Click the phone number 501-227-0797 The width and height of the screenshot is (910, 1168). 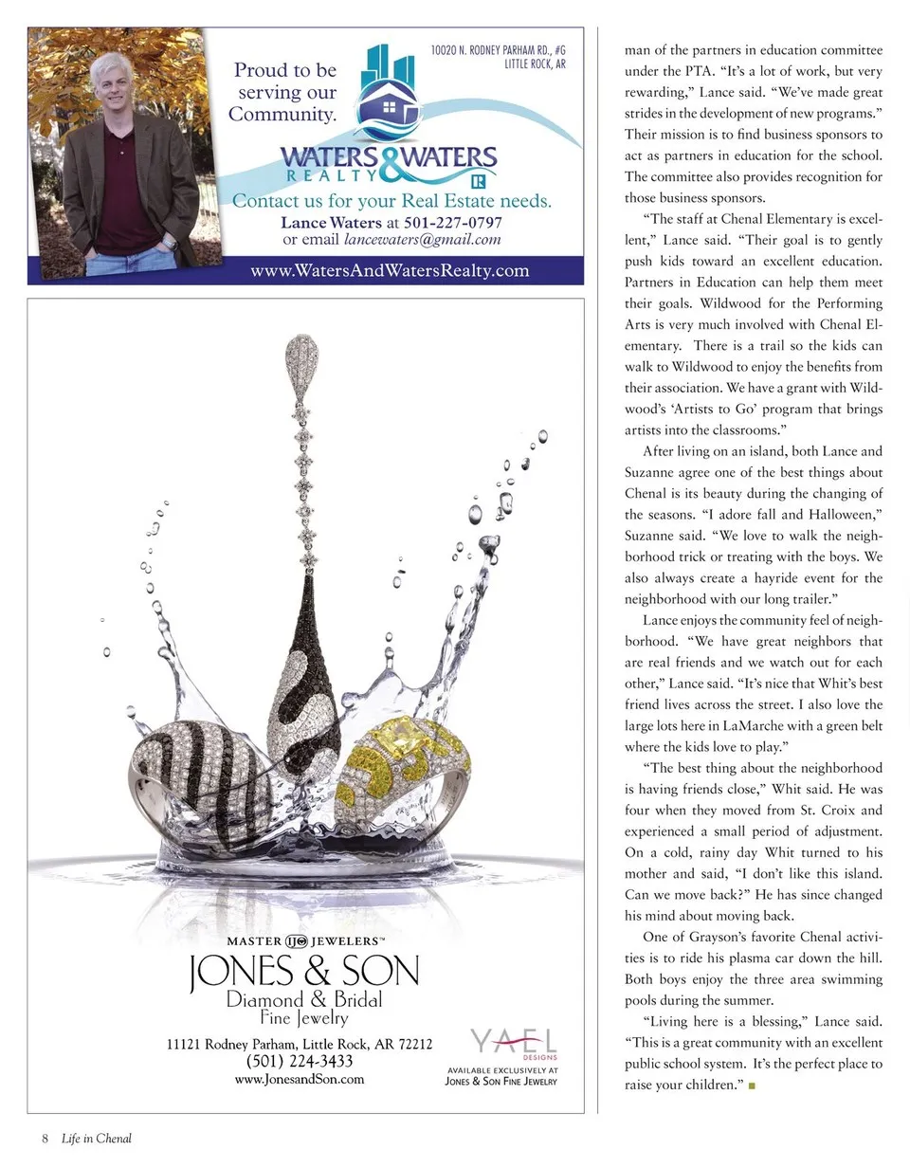tap(453, 223)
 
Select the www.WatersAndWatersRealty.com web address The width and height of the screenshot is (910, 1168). tap(390, 271)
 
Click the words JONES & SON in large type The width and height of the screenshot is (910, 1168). tap(304, 972)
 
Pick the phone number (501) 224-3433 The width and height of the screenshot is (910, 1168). tap(300, 1061)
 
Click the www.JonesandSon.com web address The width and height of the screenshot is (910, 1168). tap(299, 1079)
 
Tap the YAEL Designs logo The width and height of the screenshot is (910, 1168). tap(514, 1044)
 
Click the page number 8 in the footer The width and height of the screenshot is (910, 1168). tap(44, 1139)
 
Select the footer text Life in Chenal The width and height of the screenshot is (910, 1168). tap(97, 1139)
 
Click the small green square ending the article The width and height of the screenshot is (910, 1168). tap(752, 1086)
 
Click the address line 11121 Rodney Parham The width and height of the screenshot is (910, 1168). tap(300, 1044)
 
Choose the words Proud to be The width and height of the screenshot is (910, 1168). tap(285, 70)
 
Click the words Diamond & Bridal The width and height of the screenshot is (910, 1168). tap(304, 999)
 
